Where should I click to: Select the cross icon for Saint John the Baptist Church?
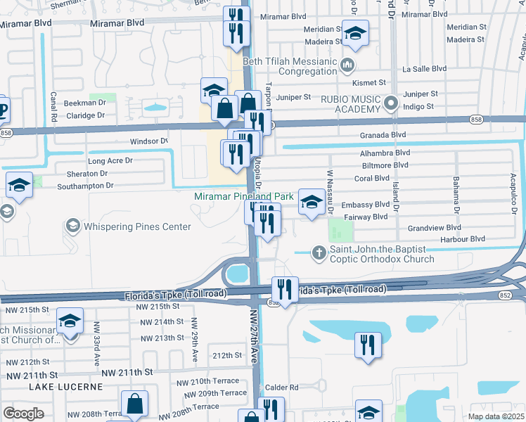click(319, 252)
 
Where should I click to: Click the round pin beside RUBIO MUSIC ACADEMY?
click(391, 105)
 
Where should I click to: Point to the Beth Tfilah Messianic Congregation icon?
click(347, 67)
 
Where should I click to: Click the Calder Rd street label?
click(282, 388)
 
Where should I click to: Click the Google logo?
click(23, 414)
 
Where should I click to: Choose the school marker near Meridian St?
click(356, 34)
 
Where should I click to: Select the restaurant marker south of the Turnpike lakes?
click(368, 345)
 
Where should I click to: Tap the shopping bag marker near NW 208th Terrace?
click(134, 404)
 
